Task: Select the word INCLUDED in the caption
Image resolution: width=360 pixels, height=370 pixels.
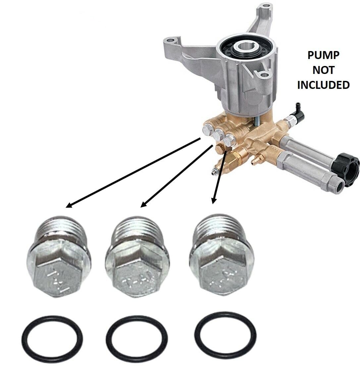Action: (323, 85)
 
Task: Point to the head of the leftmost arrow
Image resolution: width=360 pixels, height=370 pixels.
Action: (68, 206)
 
